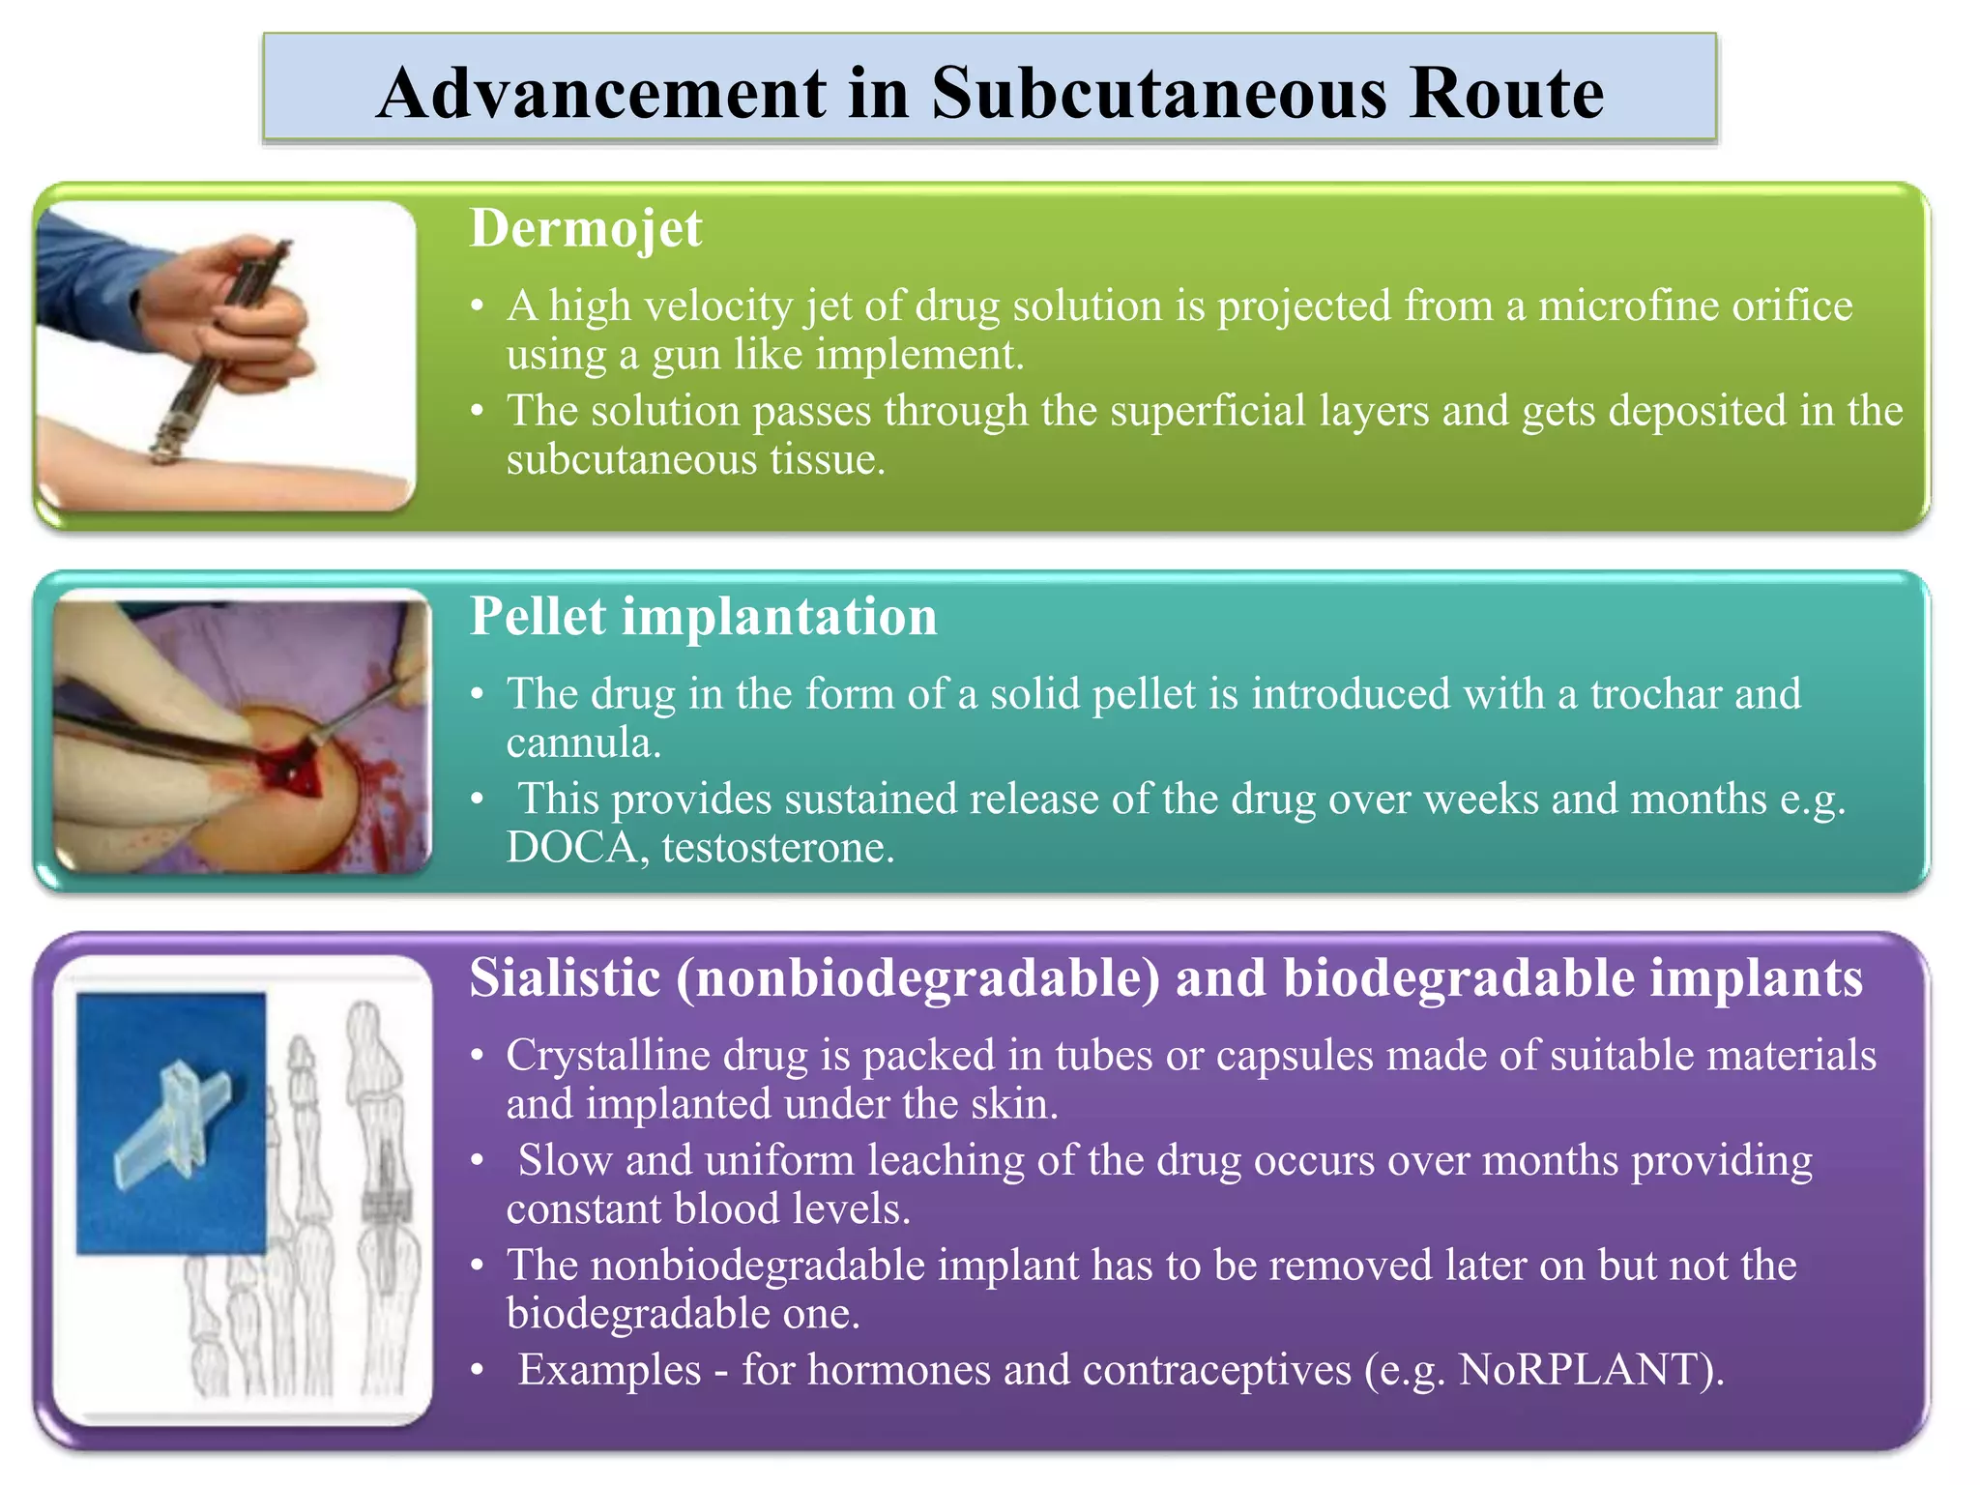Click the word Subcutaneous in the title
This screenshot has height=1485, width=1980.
tap(1159, 94)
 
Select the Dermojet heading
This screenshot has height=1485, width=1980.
tap(586, 229)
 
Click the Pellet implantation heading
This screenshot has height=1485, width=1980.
tap(703, 617)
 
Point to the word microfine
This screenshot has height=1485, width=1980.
tap(1626, 306)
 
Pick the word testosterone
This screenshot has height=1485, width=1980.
tap(778, 848)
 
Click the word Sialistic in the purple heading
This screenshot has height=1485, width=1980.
tap(565, 978)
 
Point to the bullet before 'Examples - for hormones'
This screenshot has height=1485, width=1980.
tap(477, 1371)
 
